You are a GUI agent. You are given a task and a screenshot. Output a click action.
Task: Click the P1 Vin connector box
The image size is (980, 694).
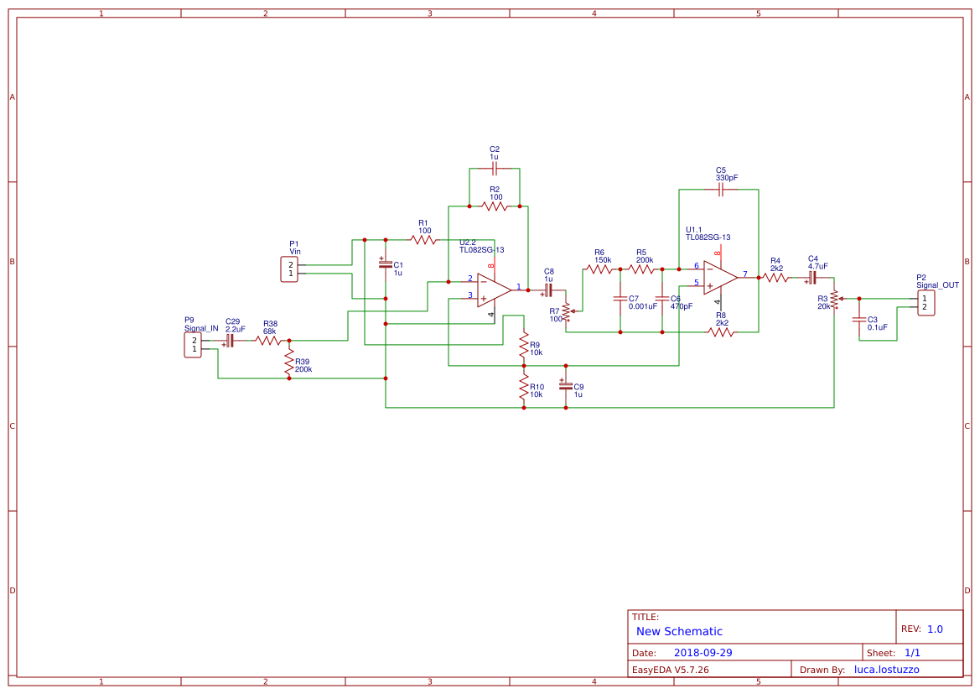point(289,269)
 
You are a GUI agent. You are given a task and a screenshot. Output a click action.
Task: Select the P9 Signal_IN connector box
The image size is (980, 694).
point(193,345)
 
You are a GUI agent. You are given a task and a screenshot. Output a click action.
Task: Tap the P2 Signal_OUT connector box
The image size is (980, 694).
point(926,303)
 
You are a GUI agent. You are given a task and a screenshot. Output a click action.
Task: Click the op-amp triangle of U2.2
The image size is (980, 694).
point(493,290)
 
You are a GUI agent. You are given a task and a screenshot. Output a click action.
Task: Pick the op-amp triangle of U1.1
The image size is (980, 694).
point(719,278)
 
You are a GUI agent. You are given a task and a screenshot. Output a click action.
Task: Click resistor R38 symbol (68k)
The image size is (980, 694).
point(268,341)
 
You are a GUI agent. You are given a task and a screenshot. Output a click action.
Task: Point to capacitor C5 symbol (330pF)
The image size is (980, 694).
point(720,190)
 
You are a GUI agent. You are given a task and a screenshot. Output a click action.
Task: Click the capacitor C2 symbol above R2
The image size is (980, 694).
point(495,170)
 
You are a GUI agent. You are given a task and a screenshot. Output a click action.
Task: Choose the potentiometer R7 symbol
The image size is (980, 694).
point(566,312)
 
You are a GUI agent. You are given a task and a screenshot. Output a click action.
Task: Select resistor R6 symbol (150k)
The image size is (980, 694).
point(600,269)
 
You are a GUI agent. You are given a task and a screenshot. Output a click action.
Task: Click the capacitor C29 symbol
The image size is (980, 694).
point(230,341)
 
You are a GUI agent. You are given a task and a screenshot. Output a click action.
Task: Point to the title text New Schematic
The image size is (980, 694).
point(679,631)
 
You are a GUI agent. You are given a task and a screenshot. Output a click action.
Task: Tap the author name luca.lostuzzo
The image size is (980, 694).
point(886,670)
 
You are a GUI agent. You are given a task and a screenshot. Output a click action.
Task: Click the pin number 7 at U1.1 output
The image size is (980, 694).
point(745,274)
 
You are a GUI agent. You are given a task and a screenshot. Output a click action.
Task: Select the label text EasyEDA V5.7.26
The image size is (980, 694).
point(671,670)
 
